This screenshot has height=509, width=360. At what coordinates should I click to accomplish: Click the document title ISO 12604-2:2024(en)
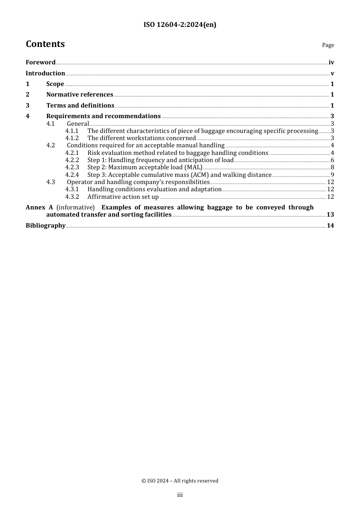tap(180, 25)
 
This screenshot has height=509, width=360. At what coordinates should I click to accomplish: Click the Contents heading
tap(45, 44)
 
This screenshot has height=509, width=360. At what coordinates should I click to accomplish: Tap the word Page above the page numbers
tap(328, 45)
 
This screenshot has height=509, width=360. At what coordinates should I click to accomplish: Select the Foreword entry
tap(41, 62)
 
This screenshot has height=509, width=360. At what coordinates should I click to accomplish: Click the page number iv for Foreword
tap(331, 62)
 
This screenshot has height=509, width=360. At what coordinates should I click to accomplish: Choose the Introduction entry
tap(45, 73)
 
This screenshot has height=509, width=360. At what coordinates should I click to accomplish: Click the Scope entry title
tap(55, 84)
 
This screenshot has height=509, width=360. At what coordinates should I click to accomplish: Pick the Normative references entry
tap(80, 95)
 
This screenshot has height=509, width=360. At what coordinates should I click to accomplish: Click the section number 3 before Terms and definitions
tap(28, 105)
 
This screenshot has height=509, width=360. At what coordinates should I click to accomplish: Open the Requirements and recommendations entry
tap(103, 116)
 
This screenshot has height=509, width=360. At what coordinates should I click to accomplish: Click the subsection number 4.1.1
tap(72, 131)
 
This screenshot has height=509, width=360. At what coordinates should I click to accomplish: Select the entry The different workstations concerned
tap(141, 138)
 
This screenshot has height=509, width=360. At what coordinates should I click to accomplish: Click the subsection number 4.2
tap(51, 145)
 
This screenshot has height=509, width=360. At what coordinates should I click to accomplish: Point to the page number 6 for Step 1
tap(332, 160)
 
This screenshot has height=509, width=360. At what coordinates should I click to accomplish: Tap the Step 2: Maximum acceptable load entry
tap(145, 167)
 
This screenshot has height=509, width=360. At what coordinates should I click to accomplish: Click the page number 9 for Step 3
tap(332, 175)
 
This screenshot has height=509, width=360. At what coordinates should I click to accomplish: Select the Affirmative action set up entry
tap(123, 197)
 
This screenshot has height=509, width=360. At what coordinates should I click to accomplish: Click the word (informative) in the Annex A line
tap(75, 208)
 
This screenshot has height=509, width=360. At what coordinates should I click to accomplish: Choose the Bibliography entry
tap(45, 226)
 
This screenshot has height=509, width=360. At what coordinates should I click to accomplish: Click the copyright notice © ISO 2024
tap(180, 481)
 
